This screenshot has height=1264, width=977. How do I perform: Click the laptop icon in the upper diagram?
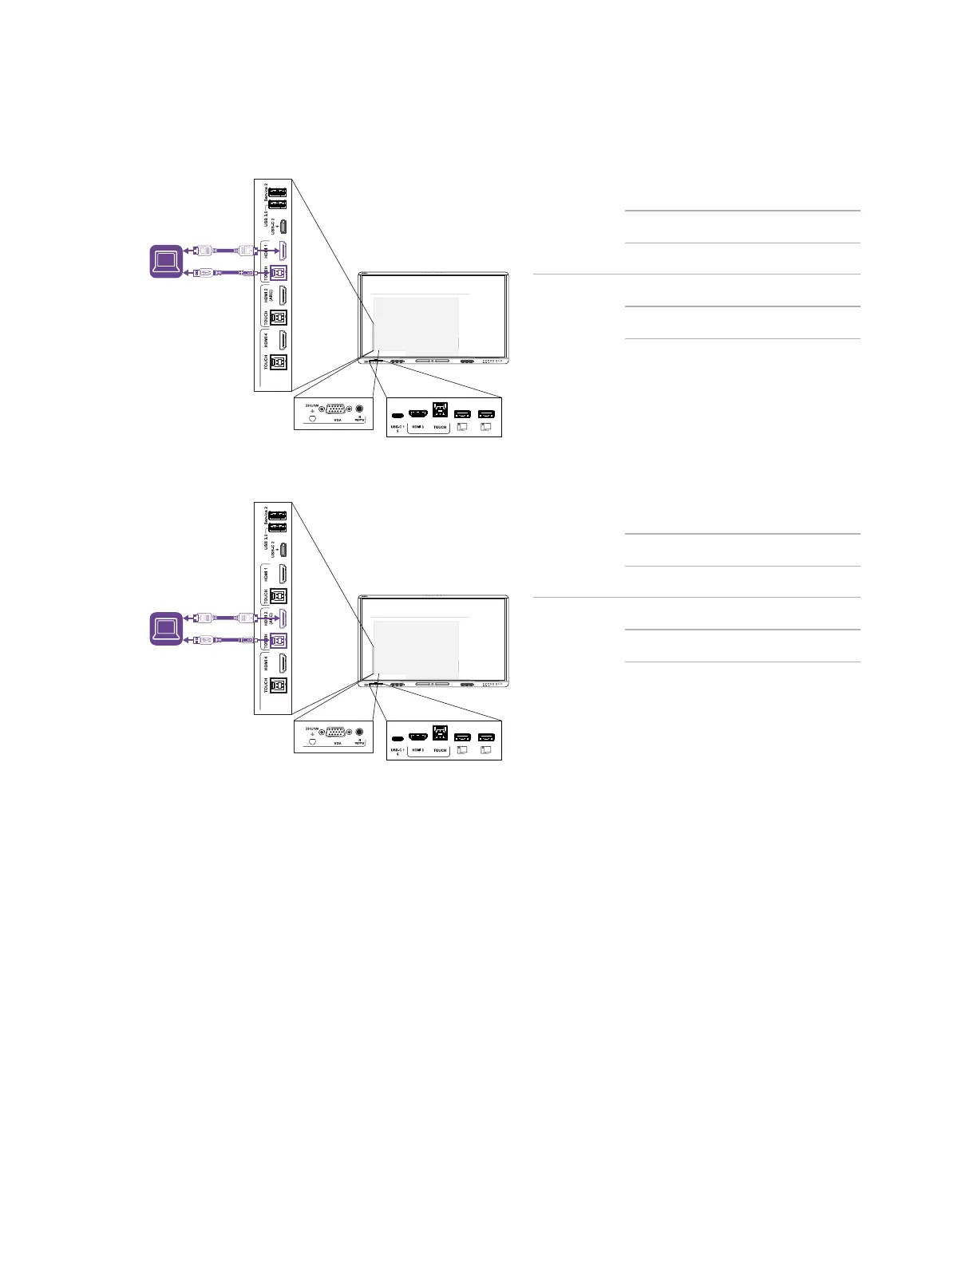[x=167, y=262]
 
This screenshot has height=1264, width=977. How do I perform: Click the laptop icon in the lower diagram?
[x=167, y=629]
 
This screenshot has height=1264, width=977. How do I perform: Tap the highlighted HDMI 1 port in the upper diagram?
[x=282, y=250]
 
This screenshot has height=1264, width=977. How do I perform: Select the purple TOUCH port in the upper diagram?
[x=279, y=273]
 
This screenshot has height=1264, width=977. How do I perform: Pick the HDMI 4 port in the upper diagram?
[x=282, y=339]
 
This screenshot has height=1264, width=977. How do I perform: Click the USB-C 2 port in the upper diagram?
[x=283, y=226]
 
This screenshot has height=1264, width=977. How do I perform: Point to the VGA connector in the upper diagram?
[x=336, y=409]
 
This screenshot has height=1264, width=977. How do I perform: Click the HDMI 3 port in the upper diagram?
[x=417, y=413]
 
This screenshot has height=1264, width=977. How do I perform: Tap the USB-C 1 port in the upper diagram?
[x=397, y=415]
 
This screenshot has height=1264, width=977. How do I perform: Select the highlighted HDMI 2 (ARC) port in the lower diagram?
[x=282, y=618]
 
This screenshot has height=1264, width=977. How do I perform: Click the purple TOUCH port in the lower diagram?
[x=279, y=640]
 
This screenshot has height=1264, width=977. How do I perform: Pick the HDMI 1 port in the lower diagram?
[x=282, y=573]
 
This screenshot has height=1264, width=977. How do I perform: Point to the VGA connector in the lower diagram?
[x=336, y=731]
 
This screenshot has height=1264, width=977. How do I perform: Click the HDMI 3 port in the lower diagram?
[x=417, y=736]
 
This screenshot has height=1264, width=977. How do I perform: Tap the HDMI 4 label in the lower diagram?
[x=267, y=662]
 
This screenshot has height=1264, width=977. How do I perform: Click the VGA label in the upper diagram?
[x=338, y=420]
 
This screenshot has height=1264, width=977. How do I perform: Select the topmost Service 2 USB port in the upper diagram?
[x=278, y=192]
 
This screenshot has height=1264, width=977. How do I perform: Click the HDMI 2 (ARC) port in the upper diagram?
[x=282, y=294]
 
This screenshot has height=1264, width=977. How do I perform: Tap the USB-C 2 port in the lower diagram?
[x=283, y=549]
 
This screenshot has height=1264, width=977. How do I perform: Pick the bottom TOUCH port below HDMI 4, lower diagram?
[x=279, y=685]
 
